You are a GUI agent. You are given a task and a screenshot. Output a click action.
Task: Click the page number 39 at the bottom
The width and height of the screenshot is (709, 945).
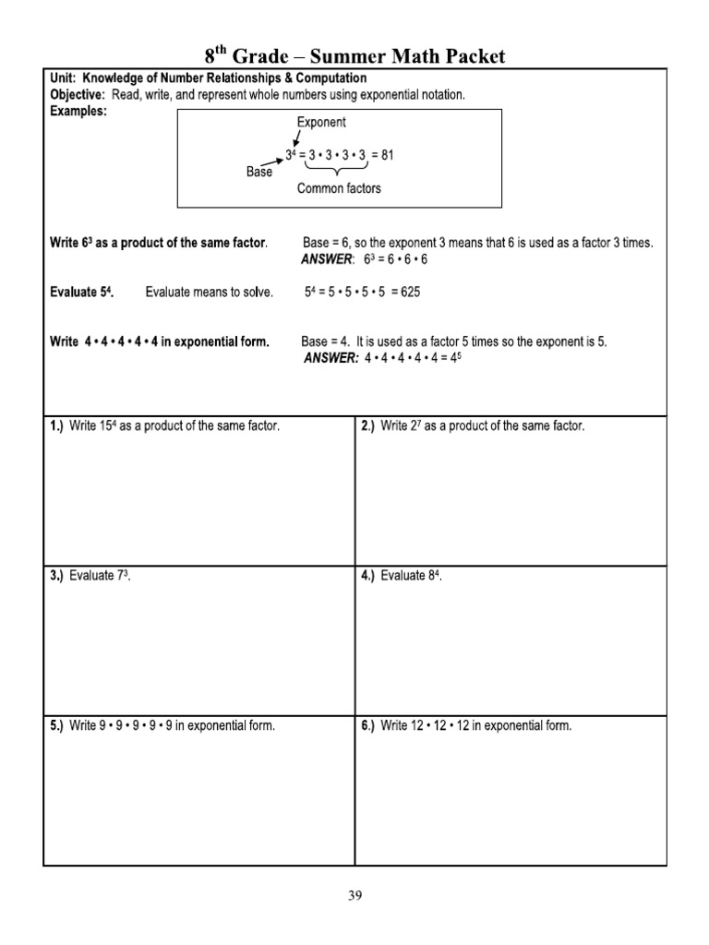(355, 894)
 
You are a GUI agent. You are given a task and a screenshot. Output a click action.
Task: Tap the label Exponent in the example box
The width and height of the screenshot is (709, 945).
(321, 122)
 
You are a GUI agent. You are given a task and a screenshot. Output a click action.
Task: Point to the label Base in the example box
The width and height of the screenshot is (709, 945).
(259, 172)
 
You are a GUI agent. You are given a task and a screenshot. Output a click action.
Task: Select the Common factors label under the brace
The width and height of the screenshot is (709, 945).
(339, 188)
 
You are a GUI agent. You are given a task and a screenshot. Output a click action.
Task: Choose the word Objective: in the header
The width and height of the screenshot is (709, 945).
(78, 94)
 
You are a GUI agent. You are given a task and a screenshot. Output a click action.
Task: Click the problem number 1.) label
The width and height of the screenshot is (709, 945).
(56, 425)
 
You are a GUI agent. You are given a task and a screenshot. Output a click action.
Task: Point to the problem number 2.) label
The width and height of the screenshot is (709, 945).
(367, 425)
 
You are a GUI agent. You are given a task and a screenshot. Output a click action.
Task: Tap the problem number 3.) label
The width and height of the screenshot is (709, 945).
(56, 576)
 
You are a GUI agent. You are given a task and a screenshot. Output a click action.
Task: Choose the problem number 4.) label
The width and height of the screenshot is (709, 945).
(367, 576)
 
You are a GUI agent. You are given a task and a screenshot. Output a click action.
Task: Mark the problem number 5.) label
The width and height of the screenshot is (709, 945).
(56, 725)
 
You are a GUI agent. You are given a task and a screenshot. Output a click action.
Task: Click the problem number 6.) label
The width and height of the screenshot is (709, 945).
(367, 725)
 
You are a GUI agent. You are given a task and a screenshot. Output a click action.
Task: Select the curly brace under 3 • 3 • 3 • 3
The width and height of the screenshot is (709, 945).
(339, 171)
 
